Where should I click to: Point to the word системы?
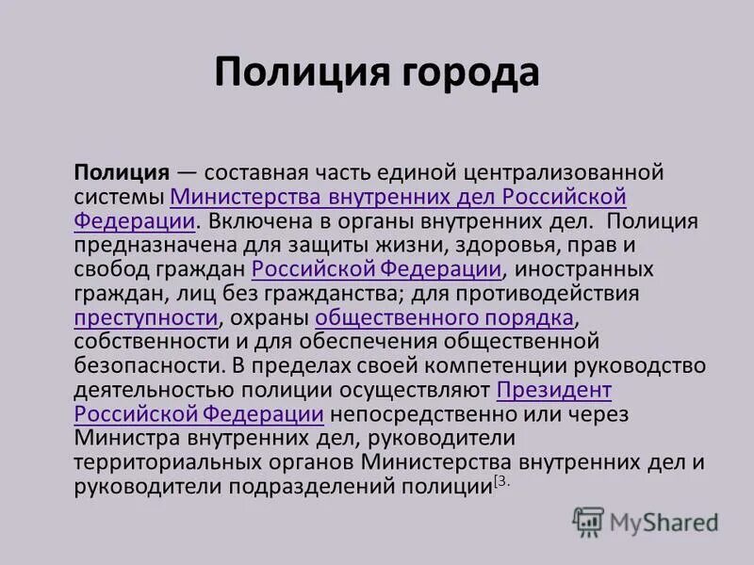118,198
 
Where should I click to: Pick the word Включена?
254,222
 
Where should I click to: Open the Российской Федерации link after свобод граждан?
376,270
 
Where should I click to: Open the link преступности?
146,317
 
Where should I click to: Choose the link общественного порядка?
444,317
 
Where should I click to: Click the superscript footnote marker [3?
501,481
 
